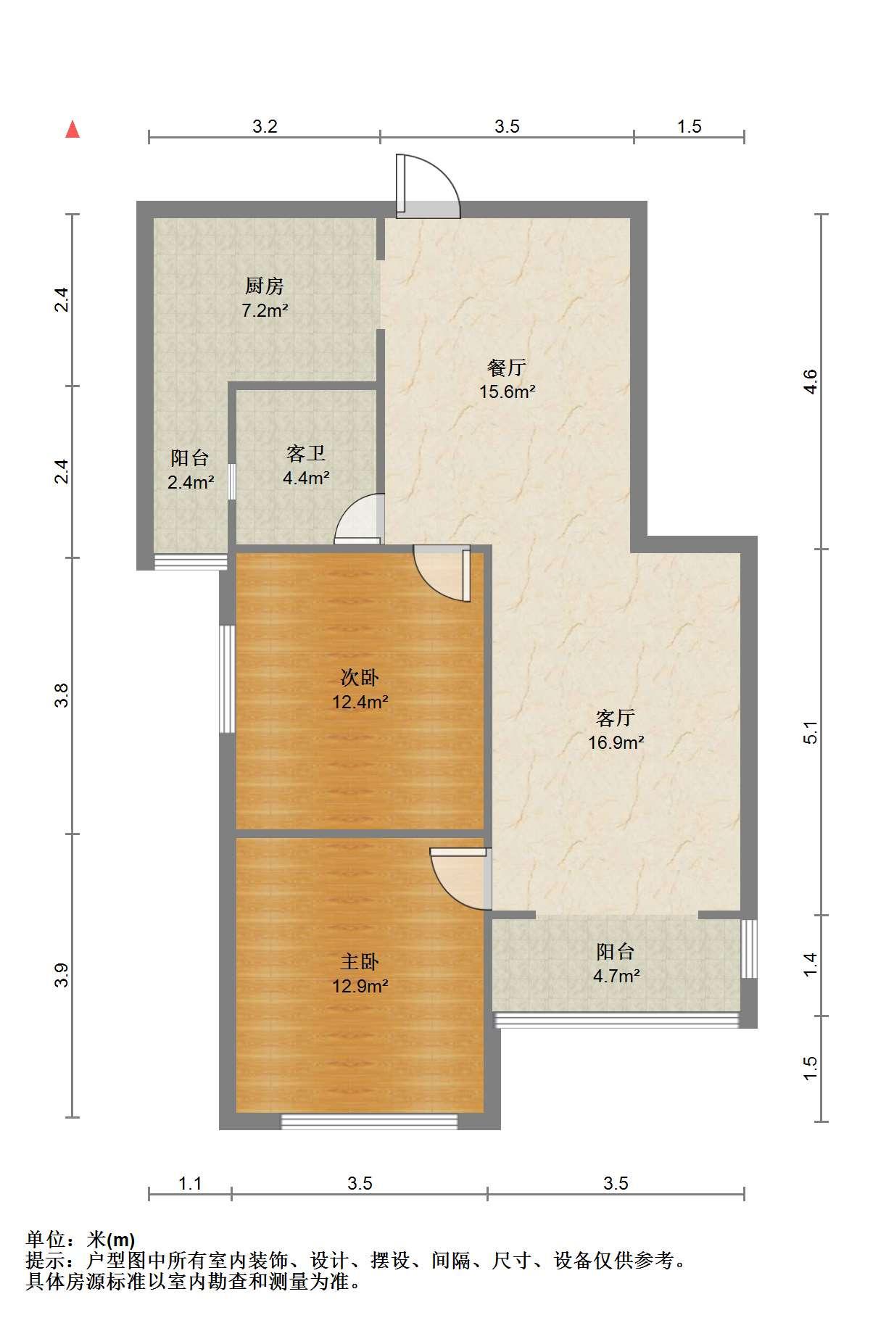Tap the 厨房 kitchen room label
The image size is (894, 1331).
[x=265, y=286]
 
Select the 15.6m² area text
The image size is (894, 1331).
[x=507, y=391]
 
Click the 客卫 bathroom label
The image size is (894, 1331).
[x=306, y=454]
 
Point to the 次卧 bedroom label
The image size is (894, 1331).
[x=360, y=678]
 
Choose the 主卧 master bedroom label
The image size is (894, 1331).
[x=360, y=962]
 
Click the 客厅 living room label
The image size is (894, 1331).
[x=616, y=718]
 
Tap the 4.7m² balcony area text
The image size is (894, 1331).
[x=616, y=976]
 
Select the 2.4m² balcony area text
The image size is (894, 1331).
[x=191, y=482]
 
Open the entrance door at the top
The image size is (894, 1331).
[x=428, y=186]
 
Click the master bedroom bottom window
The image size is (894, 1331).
[x=370, y=1121]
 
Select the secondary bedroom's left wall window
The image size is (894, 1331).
[x=228, y=679]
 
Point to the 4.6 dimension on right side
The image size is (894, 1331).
[x=811, y=381]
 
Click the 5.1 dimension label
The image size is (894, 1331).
[x=811, y=732]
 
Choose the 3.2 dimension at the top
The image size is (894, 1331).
[x=265, y=126]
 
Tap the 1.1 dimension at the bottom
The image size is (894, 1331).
[x=190, y=1184]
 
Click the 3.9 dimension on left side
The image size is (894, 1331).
[x=64, y=975]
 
